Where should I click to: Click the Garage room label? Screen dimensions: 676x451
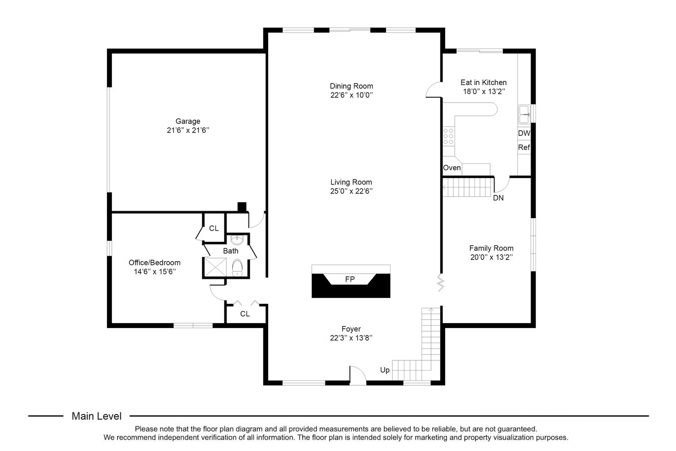[188, 121]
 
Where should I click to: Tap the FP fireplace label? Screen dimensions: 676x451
[350, 279]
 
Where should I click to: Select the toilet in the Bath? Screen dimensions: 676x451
[237, 267]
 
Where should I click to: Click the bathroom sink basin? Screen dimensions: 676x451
[237, 240]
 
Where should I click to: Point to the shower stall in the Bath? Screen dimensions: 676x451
[215, 267]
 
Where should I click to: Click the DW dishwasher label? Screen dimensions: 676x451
[524, 133]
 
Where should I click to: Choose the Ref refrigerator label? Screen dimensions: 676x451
[524, 148]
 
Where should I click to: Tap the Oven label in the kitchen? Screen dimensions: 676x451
[452, 168]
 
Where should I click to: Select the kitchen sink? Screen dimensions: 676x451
[524, 114]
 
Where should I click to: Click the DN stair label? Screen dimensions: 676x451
[498, 198]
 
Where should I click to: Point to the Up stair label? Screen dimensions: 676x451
[385, 370]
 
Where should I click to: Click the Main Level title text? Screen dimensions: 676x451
[97, 416]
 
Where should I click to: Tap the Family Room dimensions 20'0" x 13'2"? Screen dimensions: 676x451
[491, 258]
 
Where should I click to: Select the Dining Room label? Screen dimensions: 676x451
[351, 86]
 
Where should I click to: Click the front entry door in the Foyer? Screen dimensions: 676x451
[357, 376]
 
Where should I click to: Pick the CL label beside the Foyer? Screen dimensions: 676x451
[245, 314]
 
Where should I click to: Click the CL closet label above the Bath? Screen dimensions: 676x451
[213, 228]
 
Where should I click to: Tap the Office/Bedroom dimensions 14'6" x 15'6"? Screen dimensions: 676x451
[155, 272]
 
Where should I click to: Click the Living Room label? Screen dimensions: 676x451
[351, 182]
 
